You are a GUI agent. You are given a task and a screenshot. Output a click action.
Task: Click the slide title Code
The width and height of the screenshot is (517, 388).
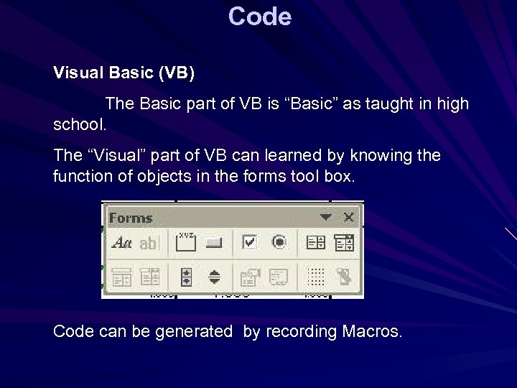[260, 16]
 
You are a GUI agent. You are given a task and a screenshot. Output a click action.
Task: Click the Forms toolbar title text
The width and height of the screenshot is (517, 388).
[131, 218]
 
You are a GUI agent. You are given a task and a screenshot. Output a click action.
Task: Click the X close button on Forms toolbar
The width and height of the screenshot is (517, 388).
[348, 217]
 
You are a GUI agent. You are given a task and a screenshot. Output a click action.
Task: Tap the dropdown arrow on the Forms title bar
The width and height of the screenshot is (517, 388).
[326, 217]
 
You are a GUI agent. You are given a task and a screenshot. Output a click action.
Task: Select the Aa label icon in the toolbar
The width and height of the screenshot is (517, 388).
[121, 244]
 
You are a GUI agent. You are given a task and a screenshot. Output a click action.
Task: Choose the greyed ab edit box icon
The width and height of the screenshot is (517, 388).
[148, 244]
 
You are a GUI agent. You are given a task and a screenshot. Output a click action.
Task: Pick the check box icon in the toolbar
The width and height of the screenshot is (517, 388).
[249, 243]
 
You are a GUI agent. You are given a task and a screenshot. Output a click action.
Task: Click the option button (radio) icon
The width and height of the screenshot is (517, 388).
[279, 243]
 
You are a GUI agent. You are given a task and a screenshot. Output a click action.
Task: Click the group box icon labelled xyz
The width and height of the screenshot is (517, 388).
[186, 242]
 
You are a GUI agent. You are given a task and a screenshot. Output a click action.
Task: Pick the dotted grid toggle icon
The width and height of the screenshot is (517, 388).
[316, 277]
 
